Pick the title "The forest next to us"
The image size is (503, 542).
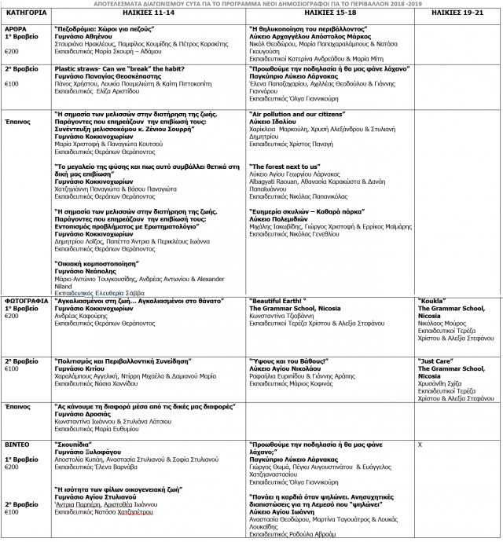tap(284, 167)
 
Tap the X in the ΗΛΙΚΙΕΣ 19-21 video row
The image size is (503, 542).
tap(420, 444)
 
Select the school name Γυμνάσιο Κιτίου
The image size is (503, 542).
tap(82, 368)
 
